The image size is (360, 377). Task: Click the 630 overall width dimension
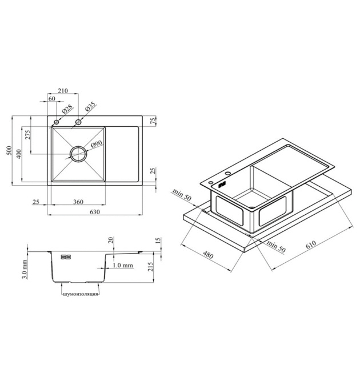[x=94, y=212]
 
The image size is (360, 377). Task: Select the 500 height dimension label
[x=9, y=150]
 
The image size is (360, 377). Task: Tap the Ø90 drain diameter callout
[x=97, y=144]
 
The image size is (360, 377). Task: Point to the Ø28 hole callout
[x=67, y=109]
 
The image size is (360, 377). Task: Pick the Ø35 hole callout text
[x=90, y=106]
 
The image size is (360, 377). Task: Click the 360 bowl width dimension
[x=78, y=202]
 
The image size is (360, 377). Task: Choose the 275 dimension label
[x=28, y=135]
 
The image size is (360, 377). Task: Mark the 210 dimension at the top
[x=63, y=91]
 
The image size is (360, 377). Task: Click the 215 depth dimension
[x=150, y=267]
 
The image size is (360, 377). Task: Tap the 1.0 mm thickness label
[x=123, y=265]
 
